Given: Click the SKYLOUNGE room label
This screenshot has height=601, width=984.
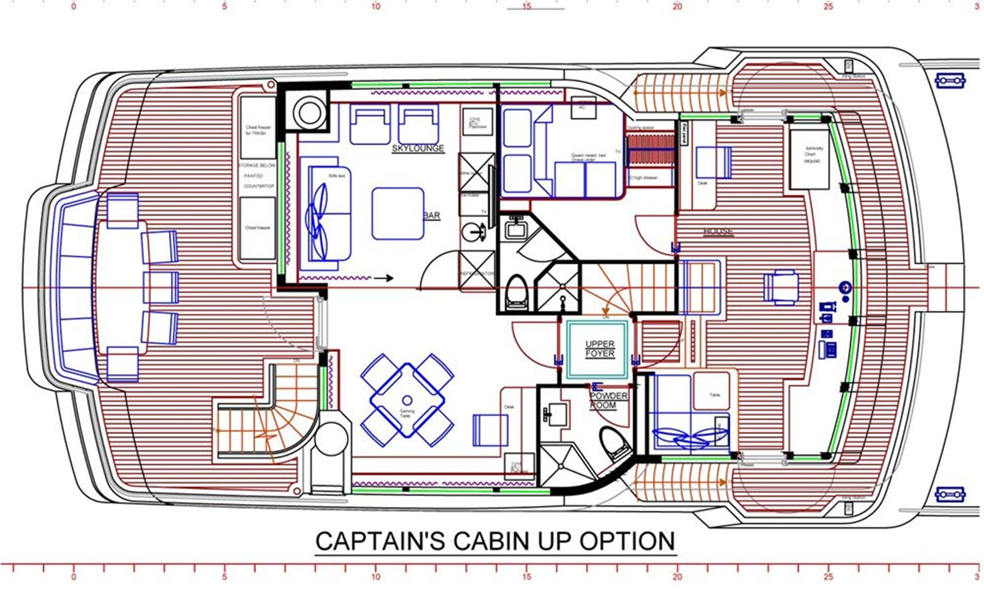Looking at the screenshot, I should (418, 148).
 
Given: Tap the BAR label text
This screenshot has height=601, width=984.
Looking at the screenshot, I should (432, 216).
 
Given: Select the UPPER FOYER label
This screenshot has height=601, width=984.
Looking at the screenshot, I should (599, 349).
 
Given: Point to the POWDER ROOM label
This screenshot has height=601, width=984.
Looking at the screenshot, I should (608, 401).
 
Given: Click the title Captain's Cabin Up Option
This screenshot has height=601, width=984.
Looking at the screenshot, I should (494, 541).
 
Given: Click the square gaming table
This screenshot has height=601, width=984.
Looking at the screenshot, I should (407, 399).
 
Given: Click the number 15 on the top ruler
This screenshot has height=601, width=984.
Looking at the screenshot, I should (526, 7).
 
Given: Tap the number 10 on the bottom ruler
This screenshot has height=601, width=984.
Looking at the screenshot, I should (376, 577).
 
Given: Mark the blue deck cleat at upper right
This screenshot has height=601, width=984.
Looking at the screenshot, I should (950, 81).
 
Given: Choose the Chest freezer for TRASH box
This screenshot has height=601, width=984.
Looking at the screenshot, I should (258, 130).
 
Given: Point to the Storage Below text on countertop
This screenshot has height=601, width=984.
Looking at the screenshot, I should (258, 165).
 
